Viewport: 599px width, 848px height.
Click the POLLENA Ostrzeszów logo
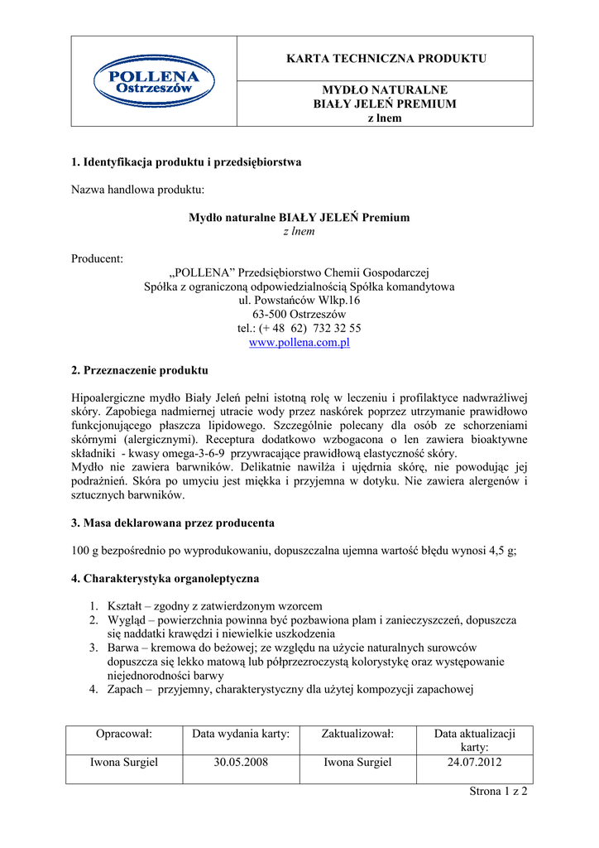153,81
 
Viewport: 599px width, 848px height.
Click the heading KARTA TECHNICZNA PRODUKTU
386,58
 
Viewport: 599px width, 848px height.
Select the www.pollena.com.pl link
299,343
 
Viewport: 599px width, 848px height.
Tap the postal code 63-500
271,315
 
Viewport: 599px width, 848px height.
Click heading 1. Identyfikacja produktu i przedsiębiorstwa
186,162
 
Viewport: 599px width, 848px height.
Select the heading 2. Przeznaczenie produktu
140,370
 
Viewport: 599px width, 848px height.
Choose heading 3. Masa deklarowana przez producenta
173,523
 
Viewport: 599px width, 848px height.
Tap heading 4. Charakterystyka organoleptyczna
165,578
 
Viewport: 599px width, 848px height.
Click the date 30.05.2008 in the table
240,763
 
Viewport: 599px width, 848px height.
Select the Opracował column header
125,734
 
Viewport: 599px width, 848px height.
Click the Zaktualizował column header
357,734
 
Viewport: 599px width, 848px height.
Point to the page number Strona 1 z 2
498,792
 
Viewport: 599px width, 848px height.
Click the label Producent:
97,259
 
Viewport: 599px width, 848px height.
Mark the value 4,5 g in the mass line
500,551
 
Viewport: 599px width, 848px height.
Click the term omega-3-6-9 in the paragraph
194,454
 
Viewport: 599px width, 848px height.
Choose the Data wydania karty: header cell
240,734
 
